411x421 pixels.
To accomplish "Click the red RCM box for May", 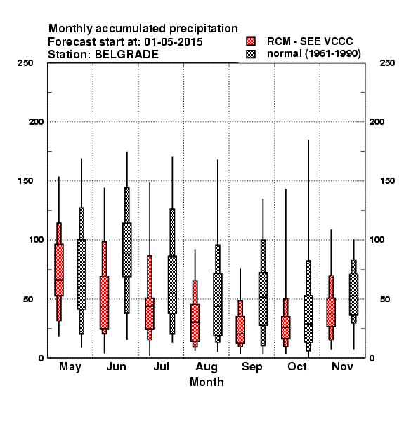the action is pos(59,270).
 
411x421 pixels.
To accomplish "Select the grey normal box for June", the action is pos(127,250).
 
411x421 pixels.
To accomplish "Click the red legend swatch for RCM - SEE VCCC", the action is pos(251,41).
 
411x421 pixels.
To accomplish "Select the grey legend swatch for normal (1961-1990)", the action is pos(251,54).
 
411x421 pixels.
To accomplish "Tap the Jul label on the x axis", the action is pos(161,366).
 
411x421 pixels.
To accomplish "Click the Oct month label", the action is pos(297,366).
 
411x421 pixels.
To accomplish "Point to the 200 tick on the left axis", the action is pos(37,122).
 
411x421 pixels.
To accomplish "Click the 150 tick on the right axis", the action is pos(388,181).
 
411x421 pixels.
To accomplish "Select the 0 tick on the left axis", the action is pos(41,358).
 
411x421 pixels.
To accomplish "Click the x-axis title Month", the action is pos(207,382).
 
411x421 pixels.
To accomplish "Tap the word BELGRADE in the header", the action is pos(126,55).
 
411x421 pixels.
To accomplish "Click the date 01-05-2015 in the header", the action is pos(174,42).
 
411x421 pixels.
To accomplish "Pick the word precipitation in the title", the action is pos(204,29).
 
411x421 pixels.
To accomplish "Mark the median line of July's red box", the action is pos(150,306).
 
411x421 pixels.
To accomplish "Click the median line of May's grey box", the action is pos(81,286).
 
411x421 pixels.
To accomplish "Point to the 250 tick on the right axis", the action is pos(388,63).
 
